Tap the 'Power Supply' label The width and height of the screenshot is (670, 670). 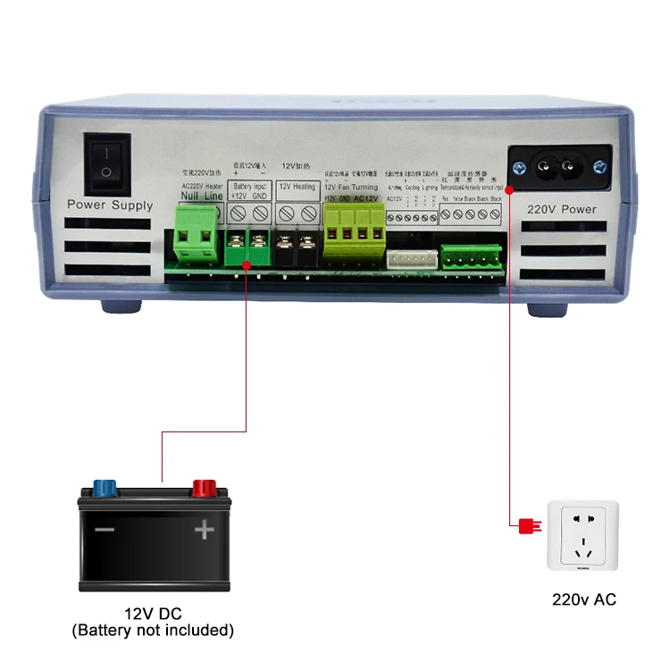pyautogui.click(x=110, y=205)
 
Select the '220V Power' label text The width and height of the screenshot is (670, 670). pyautogui.click(x=560, y=210)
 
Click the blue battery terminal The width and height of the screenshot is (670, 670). pyautogui.click(x=105, y=489)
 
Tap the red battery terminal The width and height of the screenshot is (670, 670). pyautogui.click(x=205, y=489)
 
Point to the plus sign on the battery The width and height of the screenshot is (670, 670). pyautogui.click(x=205, y=530)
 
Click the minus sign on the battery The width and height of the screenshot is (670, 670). pyautogui.click(x=105, y=530)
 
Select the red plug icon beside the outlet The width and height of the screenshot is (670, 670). pyautogui.click(x=526, y=525)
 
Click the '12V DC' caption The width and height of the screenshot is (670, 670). pyautogui.click(x=153, y=616)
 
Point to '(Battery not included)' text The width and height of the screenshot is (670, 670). pyautogui.click(x=153, y=631)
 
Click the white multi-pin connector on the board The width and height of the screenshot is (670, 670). pyautogui.click(x=410, y=256)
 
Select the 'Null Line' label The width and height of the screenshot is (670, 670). pyautogui.click(x=201, y=196)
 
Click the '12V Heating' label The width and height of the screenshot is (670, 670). pyautogui.click(x=297, y=187)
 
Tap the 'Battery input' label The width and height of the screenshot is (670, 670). pyautogui.click(x=249, y=187)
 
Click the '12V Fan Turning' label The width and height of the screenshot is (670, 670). pyautogui.click(x=350, y=187)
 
